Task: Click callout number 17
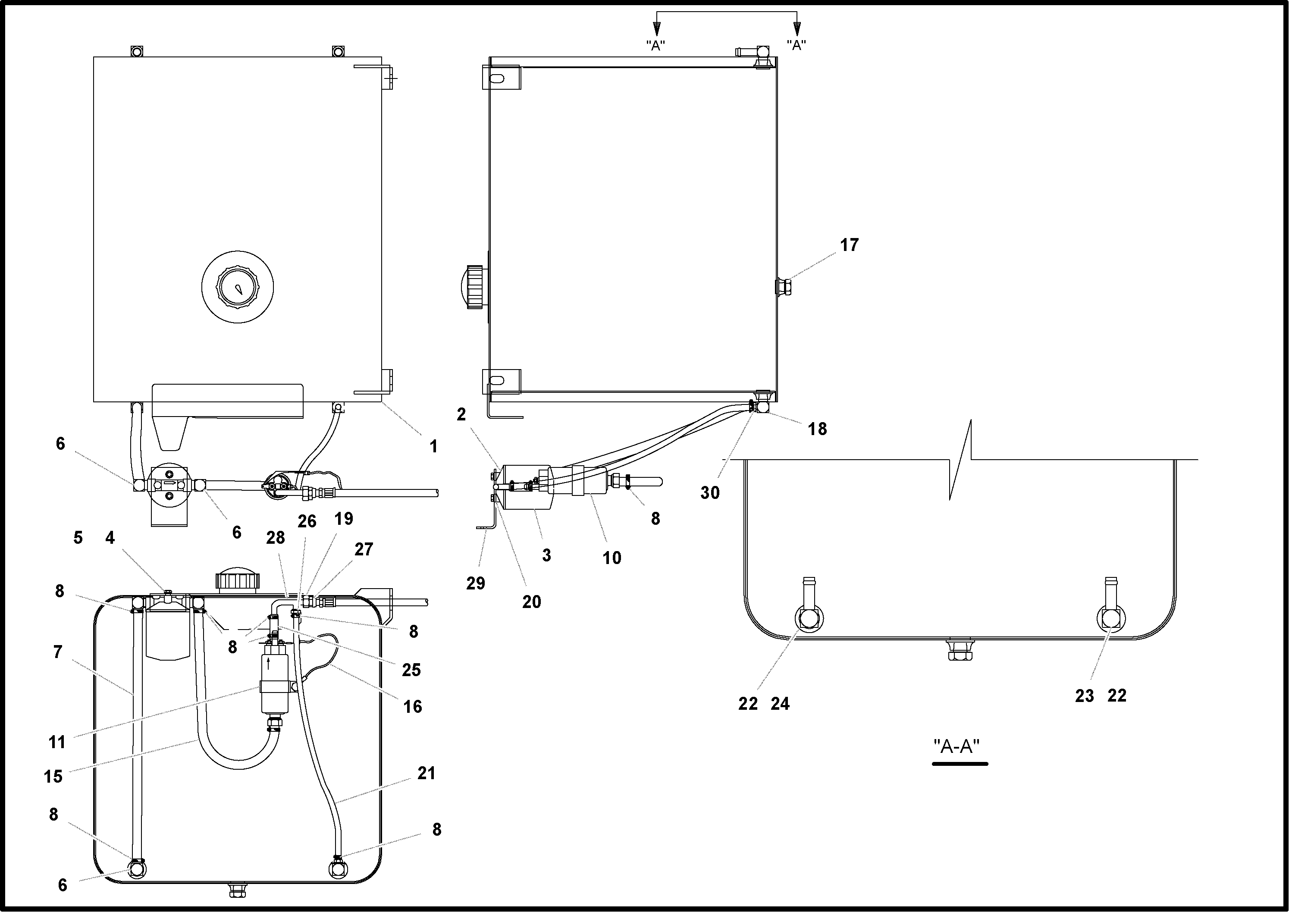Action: pos(849,245)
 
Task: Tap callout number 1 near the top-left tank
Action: pos(433,446)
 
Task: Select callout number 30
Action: pos(710,493)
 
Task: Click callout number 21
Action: pos(427,773)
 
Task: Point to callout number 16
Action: pos(412,706)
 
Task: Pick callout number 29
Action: pos(475,583)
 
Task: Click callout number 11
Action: pos(57,743)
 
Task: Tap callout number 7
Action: pos(57,652)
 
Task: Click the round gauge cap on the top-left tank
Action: pos(238,287)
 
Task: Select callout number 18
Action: pos(817,429)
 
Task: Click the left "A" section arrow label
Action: pos(655,45)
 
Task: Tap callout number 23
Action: pos(1084,696)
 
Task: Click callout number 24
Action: pos(780,704)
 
